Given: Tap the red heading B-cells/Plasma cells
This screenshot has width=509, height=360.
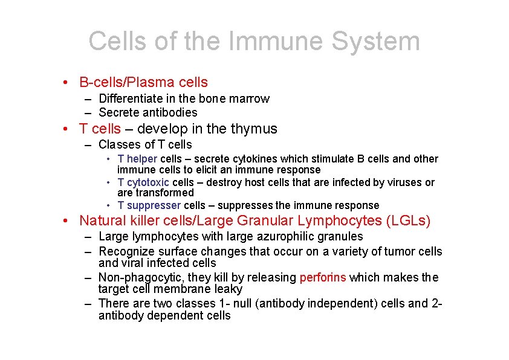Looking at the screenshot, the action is pos(143,82).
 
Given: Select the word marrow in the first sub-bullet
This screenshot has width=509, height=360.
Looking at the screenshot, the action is pos(251,98).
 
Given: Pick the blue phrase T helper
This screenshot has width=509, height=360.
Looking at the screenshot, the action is pos(137,159).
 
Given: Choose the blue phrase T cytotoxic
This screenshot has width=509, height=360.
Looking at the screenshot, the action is pos(143,182).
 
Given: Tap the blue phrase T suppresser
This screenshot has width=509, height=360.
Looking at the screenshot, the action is pos(149,205).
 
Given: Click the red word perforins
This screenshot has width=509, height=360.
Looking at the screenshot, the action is pos(323,277).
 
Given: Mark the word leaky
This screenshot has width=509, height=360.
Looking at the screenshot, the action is pos(228,289).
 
